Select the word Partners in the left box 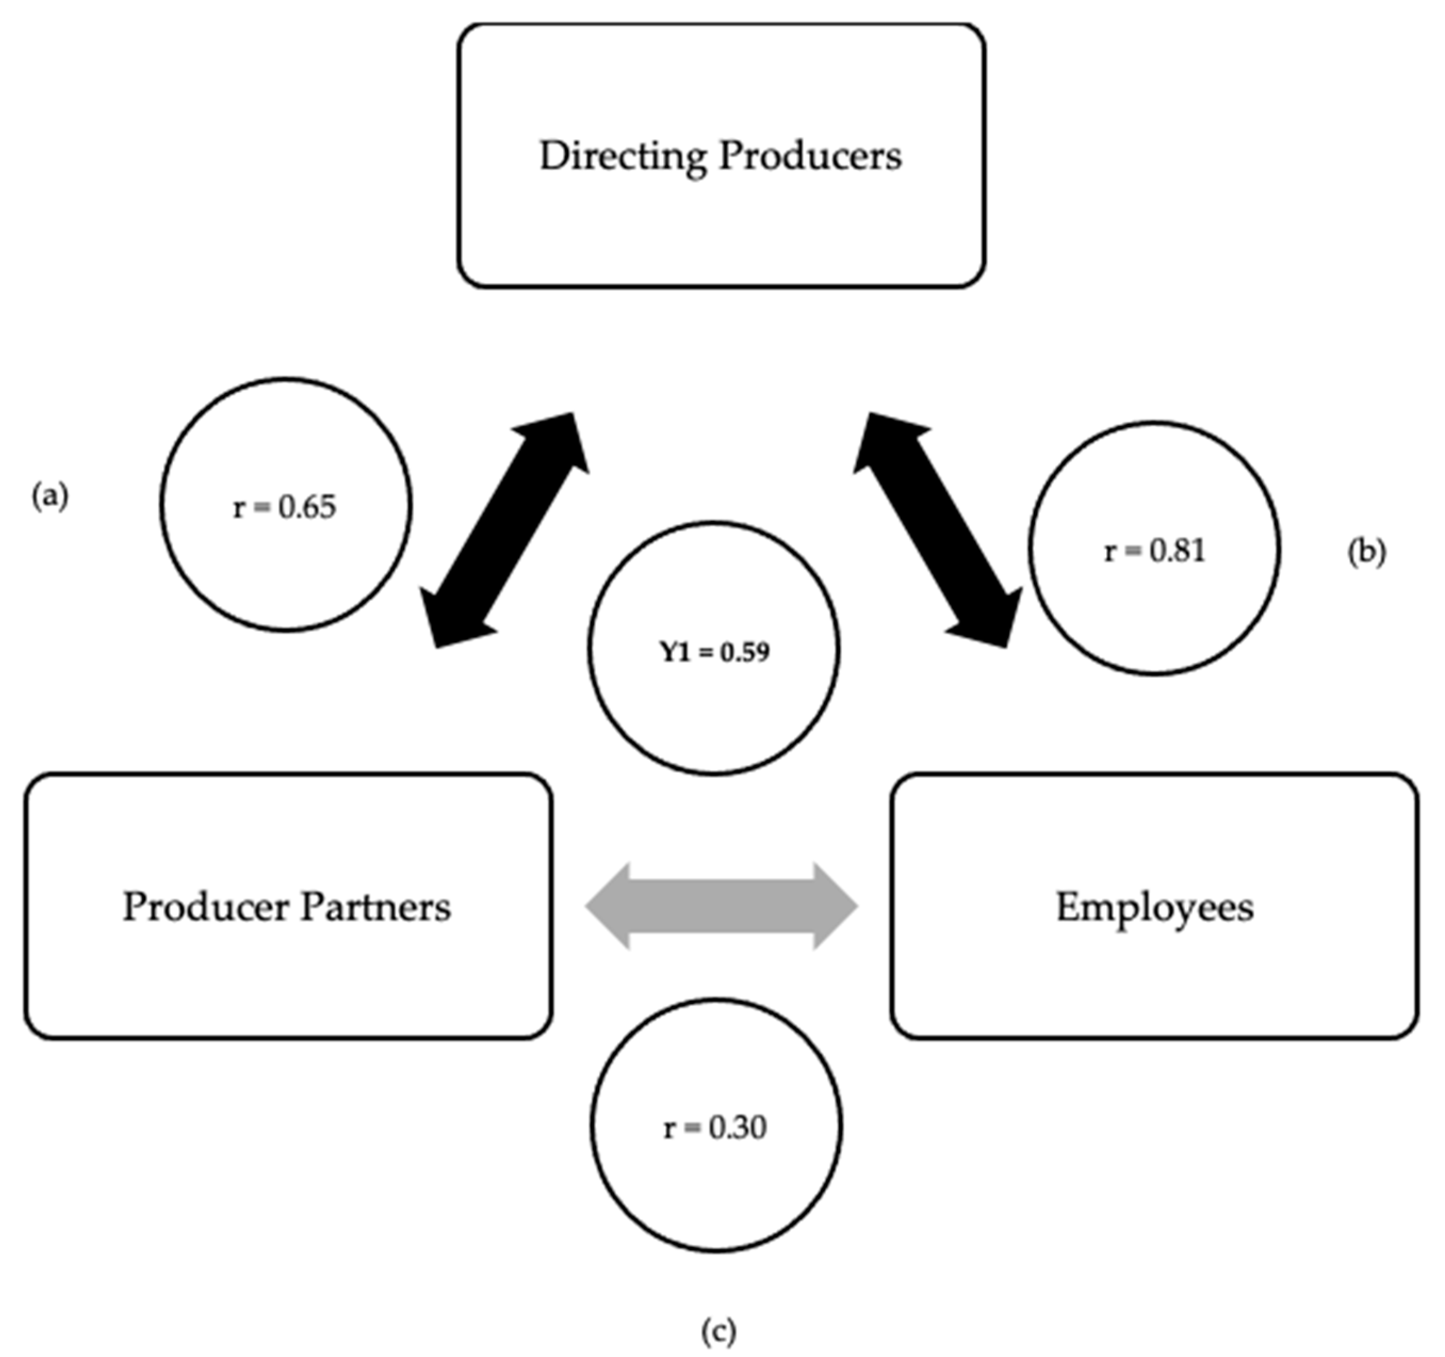tap(376, 907)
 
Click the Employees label tap(1154, 907)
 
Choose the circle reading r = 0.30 tap(715, 1126)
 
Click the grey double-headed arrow tap(721, 906)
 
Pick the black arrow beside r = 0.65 tap(505, 529)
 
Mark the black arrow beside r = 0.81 tap(937, 529)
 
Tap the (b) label tap(1367, 552)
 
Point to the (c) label tap(718, 1331)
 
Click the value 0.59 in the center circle tap(744, 652)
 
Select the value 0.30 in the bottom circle tap(738, 1128)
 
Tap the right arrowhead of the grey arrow tap(836, 906)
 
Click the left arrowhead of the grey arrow tap(608, 906)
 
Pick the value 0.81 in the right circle tap(1178, 551)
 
